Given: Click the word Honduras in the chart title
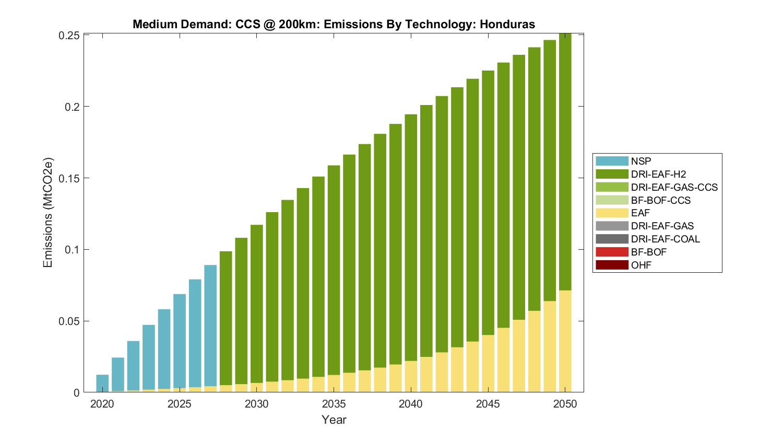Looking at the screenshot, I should pyautogui.click(x=507, y=24).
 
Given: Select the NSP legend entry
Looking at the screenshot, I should pyautogui.click(x=640, y=161).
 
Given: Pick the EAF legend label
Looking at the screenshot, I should pyautogui.click(x=640, y=213).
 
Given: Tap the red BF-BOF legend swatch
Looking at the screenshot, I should pyautogui.click(x=612, y=252).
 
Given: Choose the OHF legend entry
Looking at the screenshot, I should pyautogui.click(x=641, y=265).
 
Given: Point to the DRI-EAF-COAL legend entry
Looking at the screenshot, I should pyautogui.click(x=665, y=239).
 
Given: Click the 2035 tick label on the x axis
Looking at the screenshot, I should pyautogui.click(x=334, y=404).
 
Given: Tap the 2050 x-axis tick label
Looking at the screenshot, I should pyautogui.click(x=565, y=404).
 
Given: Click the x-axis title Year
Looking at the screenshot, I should pyautogui.click(x=334, y=420).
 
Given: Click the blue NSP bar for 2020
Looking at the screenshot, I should pyautogui.click(x=102, y=383).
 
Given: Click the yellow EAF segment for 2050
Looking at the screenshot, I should pyautogui.click(x=565, y=341).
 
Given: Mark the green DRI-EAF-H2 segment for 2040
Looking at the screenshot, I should pyautogui.click(x=411, y=238).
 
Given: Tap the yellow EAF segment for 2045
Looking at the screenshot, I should pyautogui.click(x=488, y=364).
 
